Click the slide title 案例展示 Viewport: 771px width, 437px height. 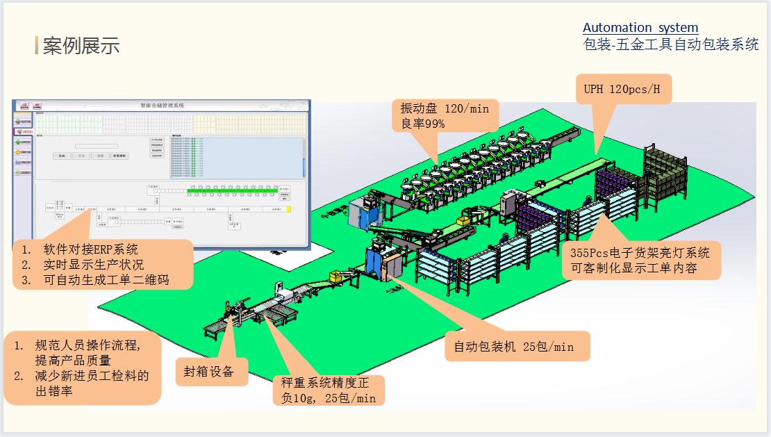pos(81,46)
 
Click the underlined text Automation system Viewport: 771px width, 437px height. pos(640,28)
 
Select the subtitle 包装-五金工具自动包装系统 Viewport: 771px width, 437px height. pos(670,45)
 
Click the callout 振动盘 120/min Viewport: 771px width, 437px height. pos(445,108)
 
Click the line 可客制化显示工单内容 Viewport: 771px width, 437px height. pos(633,268)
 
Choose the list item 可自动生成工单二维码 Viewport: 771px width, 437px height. pos(105,280)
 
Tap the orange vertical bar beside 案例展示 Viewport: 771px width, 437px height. pos(36,45)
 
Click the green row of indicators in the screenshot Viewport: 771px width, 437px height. pos(233,189)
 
